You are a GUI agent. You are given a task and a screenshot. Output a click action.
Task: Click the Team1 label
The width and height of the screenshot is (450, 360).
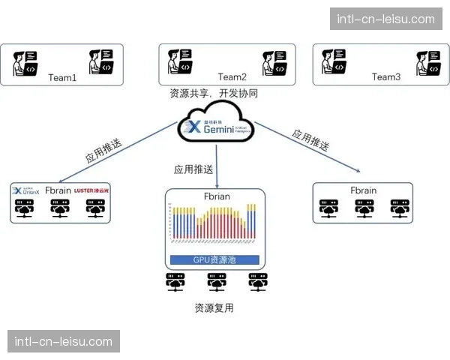click(x=62, y=77)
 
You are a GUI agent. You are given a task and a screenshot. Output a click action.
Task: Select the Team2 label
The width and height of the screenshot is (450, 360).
click(x=232, y=76)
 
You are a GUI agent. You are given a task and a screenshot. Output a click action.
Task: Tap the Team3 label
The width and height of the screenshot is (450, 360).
click(x=386, y=76)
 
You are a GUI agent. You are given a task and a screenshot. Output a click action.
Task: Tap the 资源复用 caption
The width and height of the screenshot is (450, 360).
click(x=214, y=307)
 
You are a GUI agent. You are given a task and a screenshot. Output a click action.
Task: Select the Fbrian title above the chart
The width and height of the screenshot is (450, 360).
click(x=216, y=196)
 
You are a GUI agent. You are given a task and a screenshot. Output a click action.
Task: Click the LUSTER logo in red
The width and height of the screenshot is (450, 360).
click(x=94, y=190)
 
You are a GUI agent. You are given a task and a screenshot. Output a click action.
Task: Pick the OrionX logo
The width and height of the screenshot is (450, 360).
click(x=28, y=190)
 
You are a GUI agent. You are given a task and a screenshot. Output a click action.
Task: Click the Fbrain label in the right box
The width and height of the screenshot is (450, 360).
click(x=364, y=190)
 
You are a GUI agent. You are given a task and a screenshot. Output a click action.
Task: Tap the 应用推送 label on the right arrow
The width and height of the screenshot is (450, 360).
click(x=310, y=140)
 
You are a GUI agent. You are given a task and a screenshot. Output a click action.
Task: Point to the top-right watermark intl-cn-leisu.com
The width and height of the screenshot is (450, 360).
click(x=386, y=19)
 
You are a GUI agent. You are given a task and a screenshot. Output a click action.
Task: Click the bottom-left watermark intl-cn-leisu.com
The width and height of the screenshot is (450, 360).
click(x=64, y=342)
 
